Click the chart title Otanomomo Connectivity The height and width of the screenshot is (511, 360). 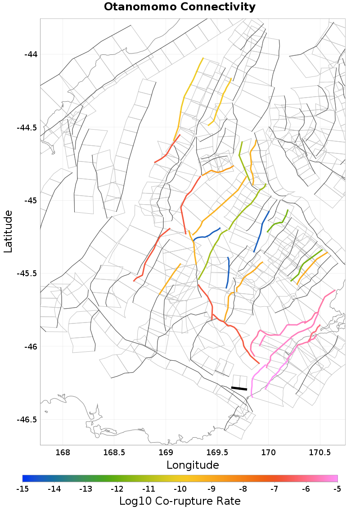click(180, 7)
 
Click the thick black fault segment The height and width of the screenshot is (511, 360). click(239, 388)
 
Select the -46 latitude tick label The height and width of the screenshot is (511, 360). click(31, 347)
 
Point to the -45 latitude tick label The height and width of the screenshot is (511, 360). click(31, 201)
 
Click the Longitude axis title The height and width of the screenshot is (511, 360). click(193, 465)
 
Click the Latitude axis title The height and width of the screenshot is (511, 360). click(8, 231)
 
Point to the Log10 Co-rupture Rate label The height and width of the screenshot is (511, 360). click(180, 501)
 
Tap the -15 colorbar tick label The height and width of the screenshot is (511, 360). click(22, 489)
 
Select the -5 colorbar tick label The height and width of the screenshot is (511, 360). click(337, 489)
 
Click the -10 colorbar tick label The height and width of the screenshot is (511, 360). click(180, 489)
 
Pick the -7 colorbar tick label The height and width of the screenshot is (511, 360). click(274, 489)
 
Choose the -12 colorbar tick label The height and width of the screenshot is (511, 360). click(117, 489)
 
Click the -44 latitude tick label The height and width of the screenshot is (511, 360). click(31, 54)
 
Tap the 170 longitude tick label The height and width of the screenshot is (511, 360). click(269, 452)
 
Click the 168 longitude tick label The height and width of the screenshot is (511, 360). click(63, 452)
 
